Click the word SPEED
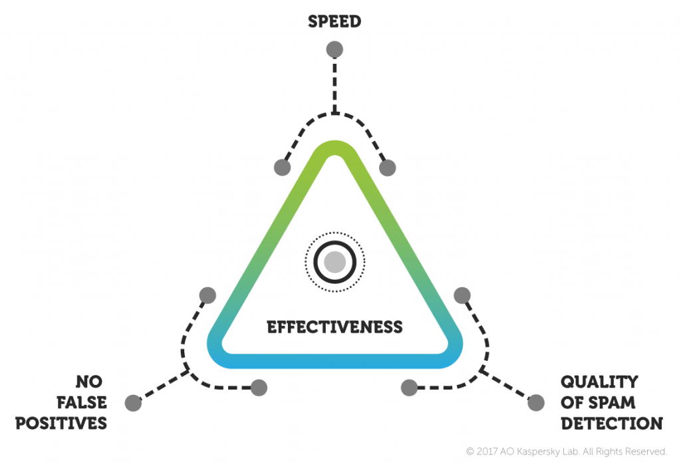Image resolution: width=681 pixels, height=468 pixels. coord(335,21)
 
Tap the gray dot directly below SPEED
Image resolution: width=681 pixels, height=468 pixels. coord(335,49)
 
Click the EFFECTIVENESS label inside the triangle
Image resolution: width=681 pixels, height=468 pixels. coord(335,327)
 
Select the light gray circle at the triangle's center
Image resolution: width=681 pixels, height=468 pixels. coord(335,262)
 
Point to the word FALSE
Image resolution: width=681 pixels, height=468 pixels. coord(82,402)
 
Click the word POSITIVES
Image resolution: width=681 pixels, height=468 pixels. coord(61,423)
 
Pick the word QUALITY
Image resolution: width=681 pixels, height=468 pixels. coord(599,382)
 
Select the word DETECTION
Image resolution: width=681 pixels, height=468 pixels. coord(612,423)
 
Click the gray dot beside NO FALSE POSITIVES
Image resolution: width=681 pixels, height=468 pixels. coord(133,403)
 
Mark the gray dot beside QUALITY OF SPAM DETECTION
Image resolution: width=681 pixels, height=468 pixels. coord(536,403)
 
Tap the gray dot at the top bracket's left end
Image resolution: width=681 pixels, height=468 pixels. coord(282,167)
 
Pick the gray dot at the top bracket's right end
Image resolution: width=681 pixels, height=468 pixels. coord(388,168)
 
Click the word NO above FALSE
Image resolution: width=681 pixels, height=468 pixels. coord(89,382)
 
